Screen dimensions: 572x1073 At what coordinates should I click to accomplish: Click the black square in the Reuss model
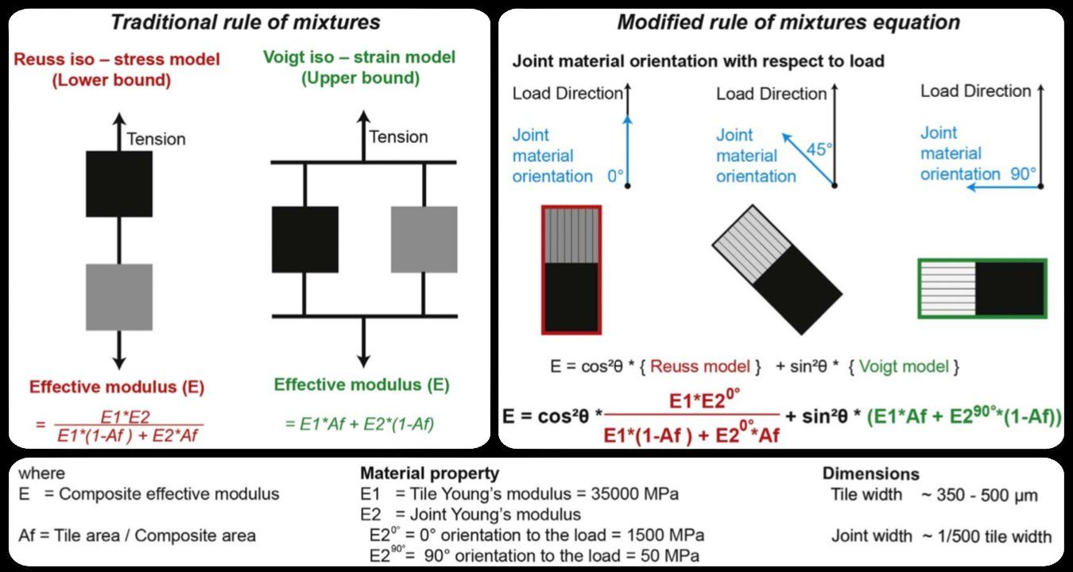click(119, 184)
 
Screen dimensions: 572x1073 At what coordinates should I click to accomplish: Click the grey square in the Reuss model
click(119, 296)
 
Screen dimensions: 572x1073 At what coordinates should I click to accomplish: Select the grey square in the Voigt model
click(424, 239)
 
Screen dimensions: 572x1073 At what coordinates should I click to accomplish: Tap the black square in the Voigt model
click(304, 239)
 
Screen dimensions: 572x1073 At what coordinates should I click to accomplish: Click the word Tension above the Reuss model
click(156, 139)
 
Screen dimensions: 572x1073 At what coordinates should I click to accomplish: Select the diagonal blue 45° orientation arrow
click(808, 160)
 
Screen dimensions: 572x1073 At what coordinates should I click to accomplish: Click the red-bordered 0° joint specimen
click(571, 269)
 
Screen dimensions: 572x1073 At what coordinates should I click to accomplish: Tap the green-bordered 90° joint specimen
click(982, 288)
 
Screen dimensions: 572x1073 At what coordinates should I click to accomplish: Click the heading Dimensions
click(870, 474)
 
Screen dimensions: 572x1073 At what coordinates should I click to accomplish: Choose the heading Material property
click(429, 474)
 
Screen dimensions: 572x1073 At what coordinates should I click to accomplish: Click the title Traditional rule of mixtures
click(245, 22)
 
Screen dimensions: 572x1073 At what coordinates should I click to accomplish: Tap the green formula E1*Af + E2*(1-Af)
click(359, 424)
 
